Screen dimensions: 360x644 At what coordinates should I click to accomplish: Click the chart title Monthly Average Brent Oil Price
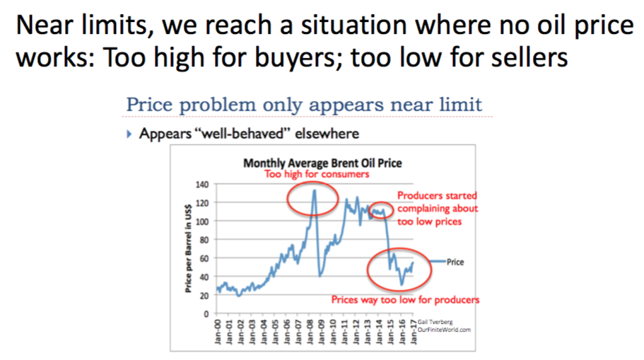coord(322,163)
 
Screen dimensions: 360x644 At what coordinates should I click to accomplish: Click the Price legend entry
coord(455,262)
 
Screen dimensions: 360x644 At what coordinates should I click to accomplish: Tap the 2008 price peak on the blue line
coord(314,190)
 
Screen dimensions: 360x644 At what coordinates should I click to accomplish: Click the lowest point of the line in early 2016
coord(402,284)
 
